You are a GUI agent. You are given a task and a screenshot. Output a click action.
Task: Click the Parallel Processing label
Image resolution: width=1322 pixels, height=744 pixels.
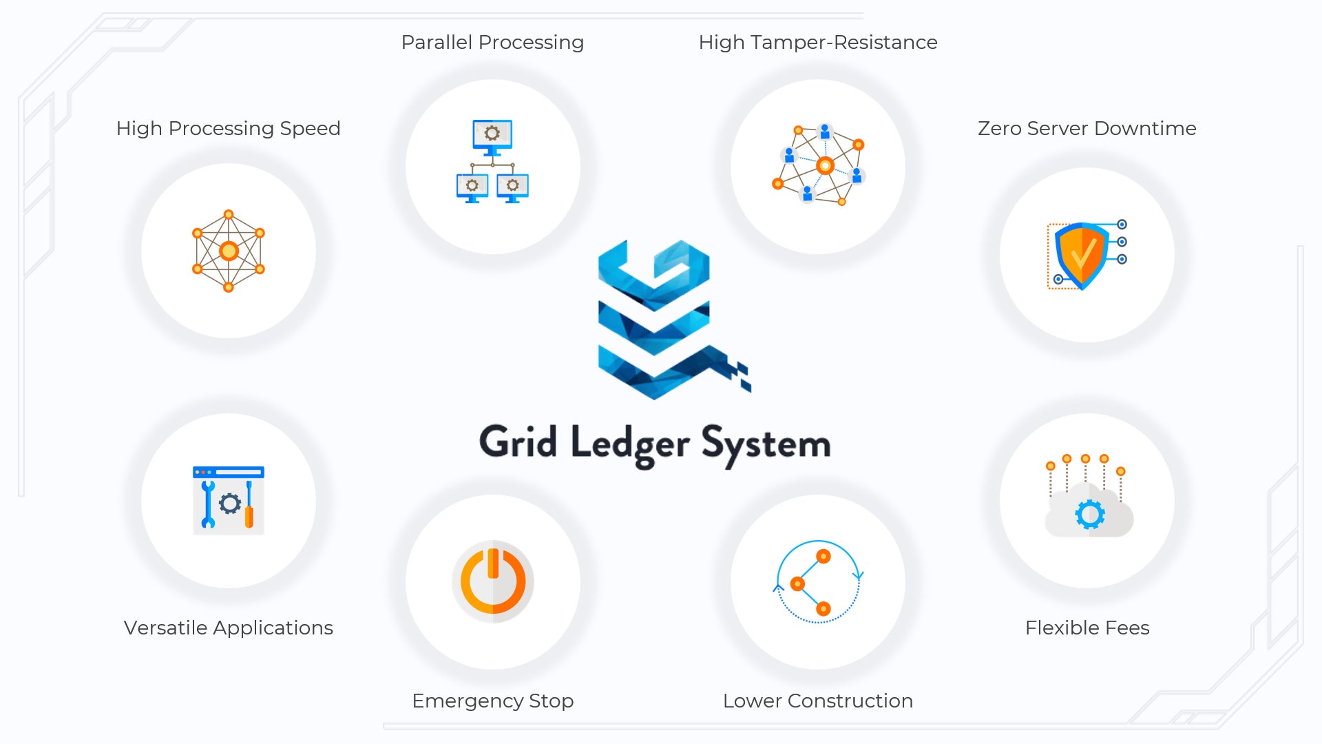coord(492,43)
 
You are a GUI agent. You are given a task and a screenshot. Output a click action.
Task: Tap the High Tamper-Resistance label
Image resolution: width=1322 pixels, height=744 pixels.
coord(817,43)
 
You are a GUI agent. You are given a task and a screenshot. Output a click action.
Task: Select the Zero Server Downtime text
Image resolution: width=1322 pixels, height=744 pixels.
coord(1087,129)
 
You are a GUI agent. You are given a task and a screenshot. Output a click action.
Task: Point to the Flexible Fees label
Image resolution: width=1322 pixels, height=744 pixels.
coord(1087,628)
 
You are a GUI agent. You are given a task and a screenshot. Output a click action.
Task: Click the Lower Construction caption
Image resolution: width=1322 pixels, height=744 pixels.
coord(817,701)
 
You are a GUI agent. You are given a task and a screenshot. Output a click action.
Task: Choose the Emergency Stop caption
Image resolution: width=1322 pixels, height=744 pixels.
coord(492,701)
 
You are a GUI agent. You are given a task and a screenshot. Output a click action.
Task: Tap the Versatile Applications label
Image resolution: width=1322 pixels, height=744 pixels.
coord(228,628)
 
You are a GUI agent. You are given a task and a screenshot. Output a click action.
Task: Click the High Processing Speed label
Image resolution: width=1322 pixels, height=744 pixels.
coord(228,129)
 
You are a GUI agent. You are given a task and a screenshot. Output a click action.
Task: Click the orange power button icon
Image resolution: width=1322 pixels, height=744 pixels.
coord(492,581)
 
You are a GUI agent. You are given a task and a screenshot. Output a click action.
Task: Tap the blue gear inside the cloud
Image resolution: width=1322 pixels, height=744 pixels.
coord(1089,514)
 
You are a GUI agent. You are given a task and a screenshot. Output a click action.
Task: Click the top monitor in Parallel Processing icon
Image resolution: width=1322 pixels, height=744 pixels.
coord(492,134)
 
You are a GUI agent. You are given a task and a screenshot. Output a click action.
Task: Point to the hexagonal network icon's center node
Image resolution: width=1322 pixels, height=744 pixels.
coord(229,251)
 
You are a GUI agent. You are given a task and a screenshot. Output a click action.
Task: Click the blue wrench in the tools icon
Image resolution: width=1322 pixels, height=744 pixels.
coord(208,504)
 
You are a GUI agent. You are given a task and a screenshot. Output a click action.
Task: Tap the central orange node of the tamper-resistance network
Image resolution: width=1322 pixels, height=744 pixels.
coord(825,165)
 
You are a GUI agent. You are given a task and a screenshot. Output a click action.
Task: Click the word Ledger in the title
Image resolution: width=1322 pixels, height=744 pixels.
coord(629,444)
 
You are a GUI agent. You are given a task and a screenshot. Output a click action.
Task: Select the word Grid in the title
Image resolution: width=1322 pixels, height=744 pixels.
coord(518,442)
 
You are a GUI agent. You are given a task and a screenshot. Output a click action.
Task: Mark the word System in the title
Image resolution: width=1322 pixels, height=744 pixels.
coord(766,444)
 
